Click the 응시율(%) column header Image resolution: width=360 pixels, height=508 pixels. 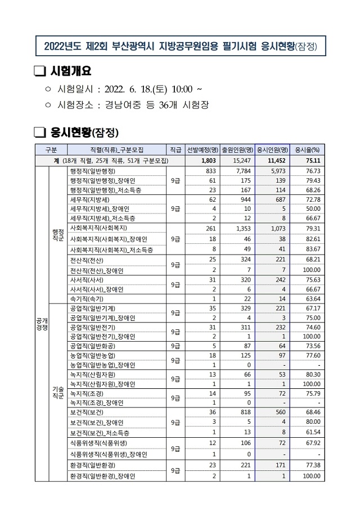tap(308, 149)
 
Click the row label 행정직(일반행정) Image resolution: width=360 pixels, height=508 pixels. tap(92, 170)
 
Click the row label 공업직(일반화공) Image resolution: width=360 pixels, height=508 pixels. tap(92, 346)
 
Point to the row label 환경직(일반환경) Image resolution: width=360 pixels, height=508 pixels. tap(92, 465)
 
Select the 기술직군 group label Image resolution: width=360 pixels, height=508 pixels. tap(58, 392)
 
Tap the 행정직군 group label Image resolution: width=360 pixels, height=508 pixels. tap(58, 234)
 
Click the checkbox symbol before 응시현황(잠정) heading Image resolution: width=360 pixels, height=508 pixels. tap(39, 133)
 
